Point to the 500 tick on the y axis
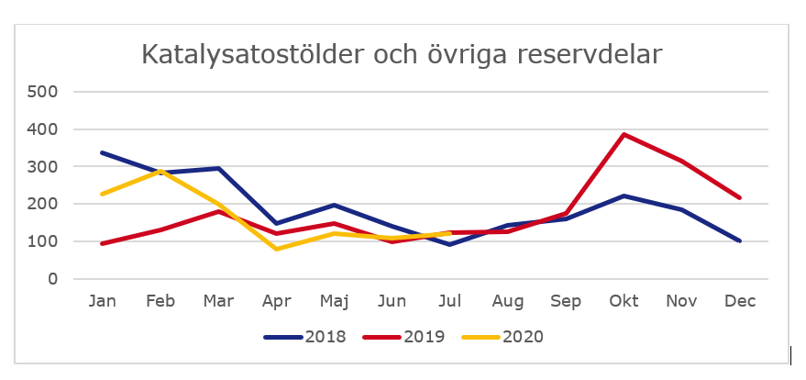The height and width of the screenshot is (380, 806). (x=42, y=92)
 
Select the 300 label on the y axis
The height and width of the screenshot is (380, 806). (x=42, y=167)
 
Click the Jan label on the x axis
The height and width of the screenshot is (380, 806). (x=101, y=301)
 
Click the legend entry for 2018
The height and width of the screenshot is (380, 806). (x=304, y=337)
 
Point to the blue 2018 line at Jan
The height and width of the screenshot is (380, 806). (x=101, y=152)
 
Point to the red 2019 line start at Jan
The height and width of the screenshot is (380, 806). (x=101, y=244)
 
